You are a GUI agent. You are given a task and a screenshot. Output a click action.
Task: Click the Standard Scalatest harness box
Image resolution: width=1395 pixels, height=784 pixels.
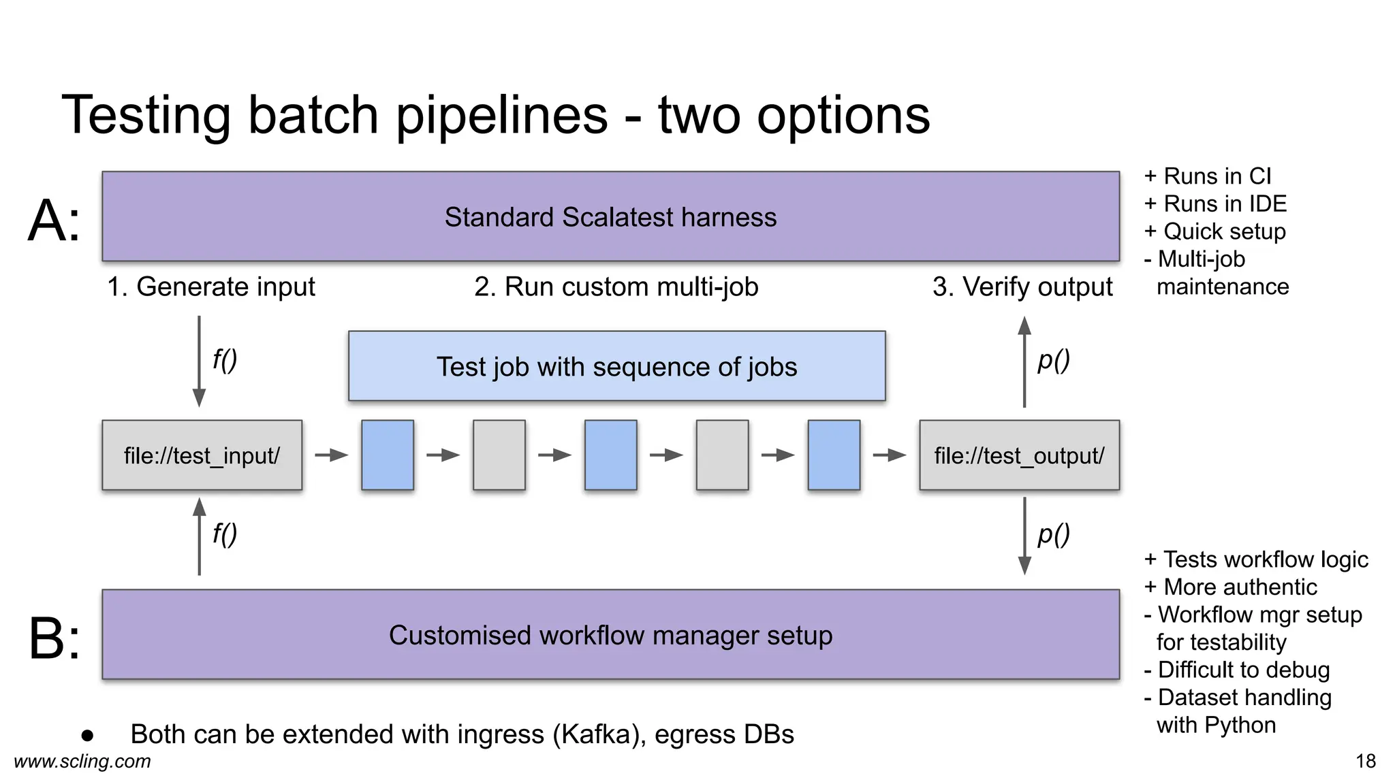610,216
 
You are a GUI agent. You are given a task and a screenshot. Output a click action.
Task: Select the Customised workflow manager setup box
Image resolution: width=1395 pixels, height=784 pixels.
610,634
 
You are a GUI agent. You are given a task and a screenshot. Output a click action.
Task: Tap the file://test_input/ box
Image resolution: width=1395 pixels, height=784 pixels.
202,455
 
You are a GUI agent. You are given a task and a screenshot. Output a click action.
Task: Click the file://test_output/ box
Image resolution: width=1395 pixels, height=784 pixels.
1019,455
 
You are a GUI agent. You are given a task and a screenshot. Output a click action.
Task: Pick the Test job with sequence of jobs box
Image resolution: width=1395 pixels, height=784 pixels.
616,366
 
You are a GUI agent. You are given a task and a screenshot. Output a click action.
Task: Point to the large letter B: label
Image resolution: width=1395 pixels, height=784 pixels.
54,638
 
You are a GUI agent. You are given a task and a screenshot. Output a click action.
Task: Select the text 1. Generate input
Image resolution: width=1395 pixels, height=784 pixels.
211,287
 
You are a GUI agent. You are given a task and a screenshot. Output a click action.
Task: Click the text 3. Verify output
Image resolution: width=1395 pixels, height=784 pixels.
1022,287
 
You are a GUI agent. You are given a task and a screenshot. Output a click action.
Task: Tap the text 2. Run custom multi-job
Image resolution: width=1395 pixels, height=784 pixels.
616,287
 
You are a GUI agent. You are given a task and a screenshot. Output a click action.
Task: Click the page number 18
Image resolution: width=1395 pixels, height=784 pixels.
1365,761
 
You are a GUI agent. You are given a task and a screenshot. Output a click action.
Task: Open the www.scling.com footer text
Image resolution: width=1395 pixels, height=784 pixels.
82,761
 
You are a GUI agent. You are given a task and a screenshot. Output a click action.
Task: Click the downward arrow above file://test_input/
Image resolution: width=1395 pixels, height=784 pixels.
199,361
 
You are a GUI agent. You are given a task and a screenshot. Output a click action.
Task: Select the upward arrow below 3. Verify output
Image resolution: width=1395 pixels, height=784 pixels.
1024,361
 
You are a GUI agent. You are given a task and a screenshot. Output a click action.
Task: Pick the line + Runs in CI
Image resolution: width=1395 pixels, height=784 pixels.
1208,176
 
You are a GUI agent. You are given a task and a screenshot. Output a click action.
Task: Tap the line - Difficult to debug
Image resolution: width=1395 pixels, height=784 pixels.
1236,670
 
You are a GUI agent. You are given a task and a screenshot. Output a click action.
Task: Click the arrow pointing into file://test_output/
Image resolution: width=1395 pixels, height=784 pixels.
890,455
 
